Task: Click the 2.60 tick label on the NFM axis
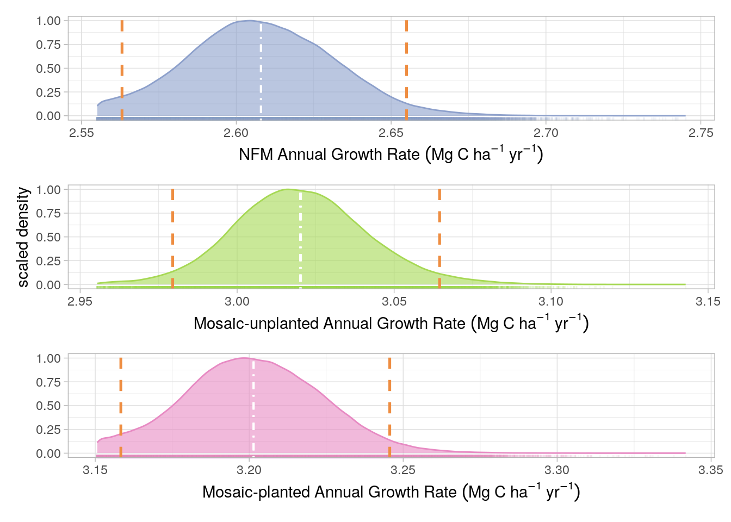[x=236, y=134]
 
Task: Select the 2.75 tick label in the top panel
[x=701, y=134]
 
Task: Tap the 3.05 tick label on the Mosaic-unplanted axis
[x=394, y=302]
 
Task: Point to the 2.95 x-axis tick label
[x=80, y=302]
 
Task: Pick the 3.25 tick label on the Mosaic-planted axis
[x=403, y=471]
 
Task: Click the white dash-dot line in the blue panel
[x=261, y=71]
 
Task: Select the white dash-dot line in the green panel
[x=301, y=239]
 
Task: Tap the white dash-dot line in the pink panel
[x=253, y=408]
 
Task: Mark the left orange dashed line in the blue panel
[x=122, y=71]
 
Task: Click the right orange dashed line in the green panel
[x=439, y=239]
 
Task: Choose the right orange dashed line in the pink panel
[x=390, y=408]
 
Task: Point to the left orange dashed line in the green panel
[x=172, y=239]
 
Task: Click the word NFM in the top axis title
[x=256, y=155]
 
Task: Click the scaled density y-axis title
[x=23, y=237]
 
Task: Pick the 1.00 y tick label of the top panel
[x=48, y=21]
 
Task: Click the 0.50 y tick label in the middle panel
[x=48, y=237]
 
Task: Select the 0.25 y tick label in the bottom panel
[x=48, y=430]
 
